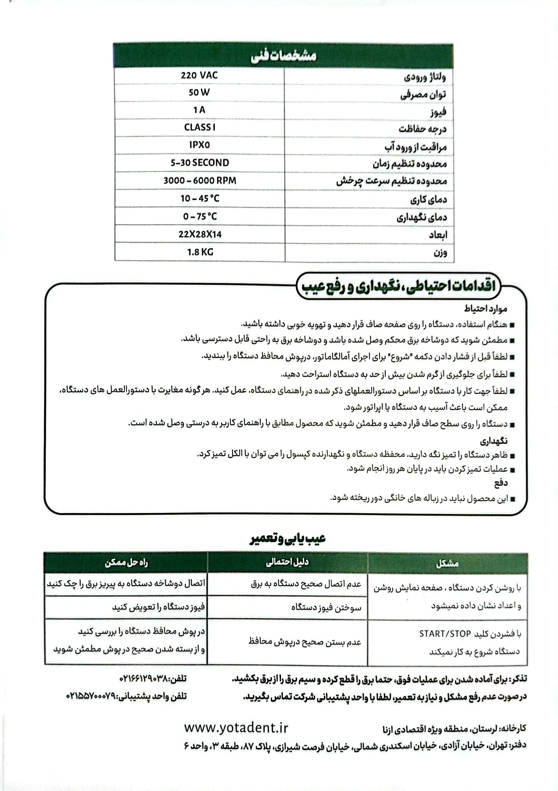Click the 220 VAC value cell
point(199,75)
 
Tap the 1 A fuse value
point(199,110)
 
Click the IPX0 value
point(199,145)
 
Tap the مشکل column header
point(447,564)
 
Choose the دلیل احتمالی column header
point(287,563)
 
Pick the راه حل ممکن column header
point(126,563)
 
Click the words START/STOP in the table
point(445,634)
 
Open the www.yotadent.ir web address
point(236,728)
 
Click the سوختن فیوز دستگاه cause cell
point(326,608)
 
